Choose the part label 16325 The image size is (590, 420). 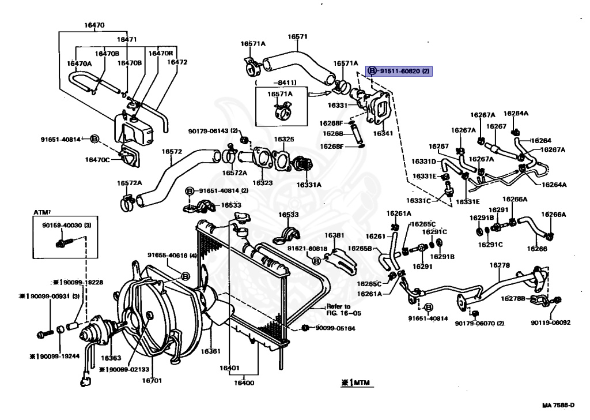(x=284, y=139)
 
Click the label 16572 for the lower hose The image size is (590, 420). (x=172, y=152)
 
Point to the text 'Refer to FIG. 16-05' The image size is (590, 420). (x=338, y=310)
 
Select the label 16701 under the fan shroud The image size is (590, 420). (x=152, y=381)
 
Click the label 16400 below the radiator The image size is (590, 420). (x=244, y=382)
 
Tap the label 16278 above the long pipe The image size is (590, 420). (x=500, y=265)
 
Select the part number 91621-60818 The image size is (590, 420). (x=308, y=249)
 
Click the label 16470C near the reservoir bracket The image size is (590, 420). (x=97, y=160)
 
